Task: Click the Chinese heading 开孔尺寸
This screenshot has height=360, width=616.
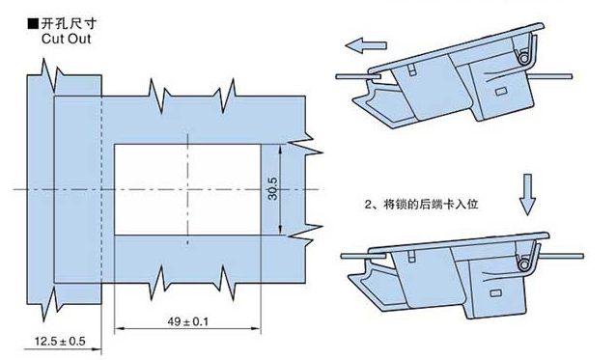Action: click(69, 23)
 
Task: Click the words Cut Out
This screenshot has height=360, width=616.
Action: click(66, 39)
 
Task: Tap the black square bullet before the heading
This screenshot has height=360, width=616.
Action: click(34, 24)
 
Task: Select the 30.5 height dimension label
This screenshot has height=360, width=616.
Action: click(272, 188)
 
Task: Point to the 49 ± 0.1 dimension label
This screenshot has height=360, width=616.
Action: click(187, 322)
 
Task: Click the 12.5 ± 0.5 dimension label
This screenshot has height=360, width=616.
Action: click(60, 341)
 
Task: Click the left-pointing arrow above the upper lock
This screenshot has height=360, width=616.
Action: click(366, 45)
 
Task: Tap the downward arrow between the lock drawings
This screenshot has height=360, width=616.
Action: click(527, 195)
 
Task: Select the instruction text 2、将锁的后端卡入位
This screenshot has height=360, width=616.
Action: click(422, 205)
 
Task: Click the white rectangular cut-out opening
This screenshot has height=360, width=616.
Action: click(187, 189)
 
